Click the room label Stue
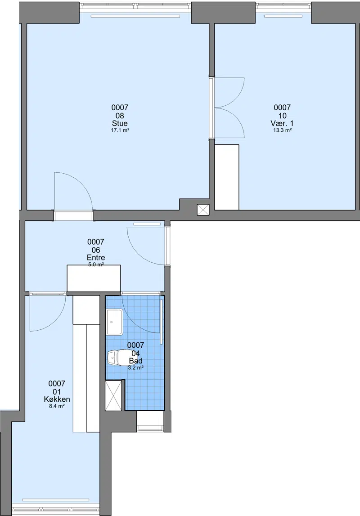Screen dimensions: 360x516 (x=120, y=123)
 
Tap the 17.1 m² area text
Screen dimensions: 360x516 (x=120, y=130)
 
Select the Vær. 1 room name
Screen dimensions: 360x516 (x=282, y=123)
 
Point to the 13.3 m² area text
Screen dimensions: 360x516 (x=282, y=130)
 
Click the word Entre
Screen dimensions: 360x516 (x=96, y=258)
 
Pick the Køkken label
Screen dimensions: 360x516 (x=57, y=399)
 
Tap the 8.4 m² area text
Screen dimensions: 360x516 (x=57, y=406)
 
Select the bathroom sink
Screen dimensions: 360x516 (x=114, y=322)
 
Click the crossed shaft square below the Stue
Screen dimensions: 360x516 (x=202, y=210)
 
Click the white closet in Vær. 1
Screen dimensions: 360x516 (x=227, y=177)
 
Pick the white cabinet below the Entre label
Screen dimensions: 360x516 (x=94, y=278)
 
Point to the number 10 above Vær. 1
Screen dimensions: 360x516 (x=282, y=116)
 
